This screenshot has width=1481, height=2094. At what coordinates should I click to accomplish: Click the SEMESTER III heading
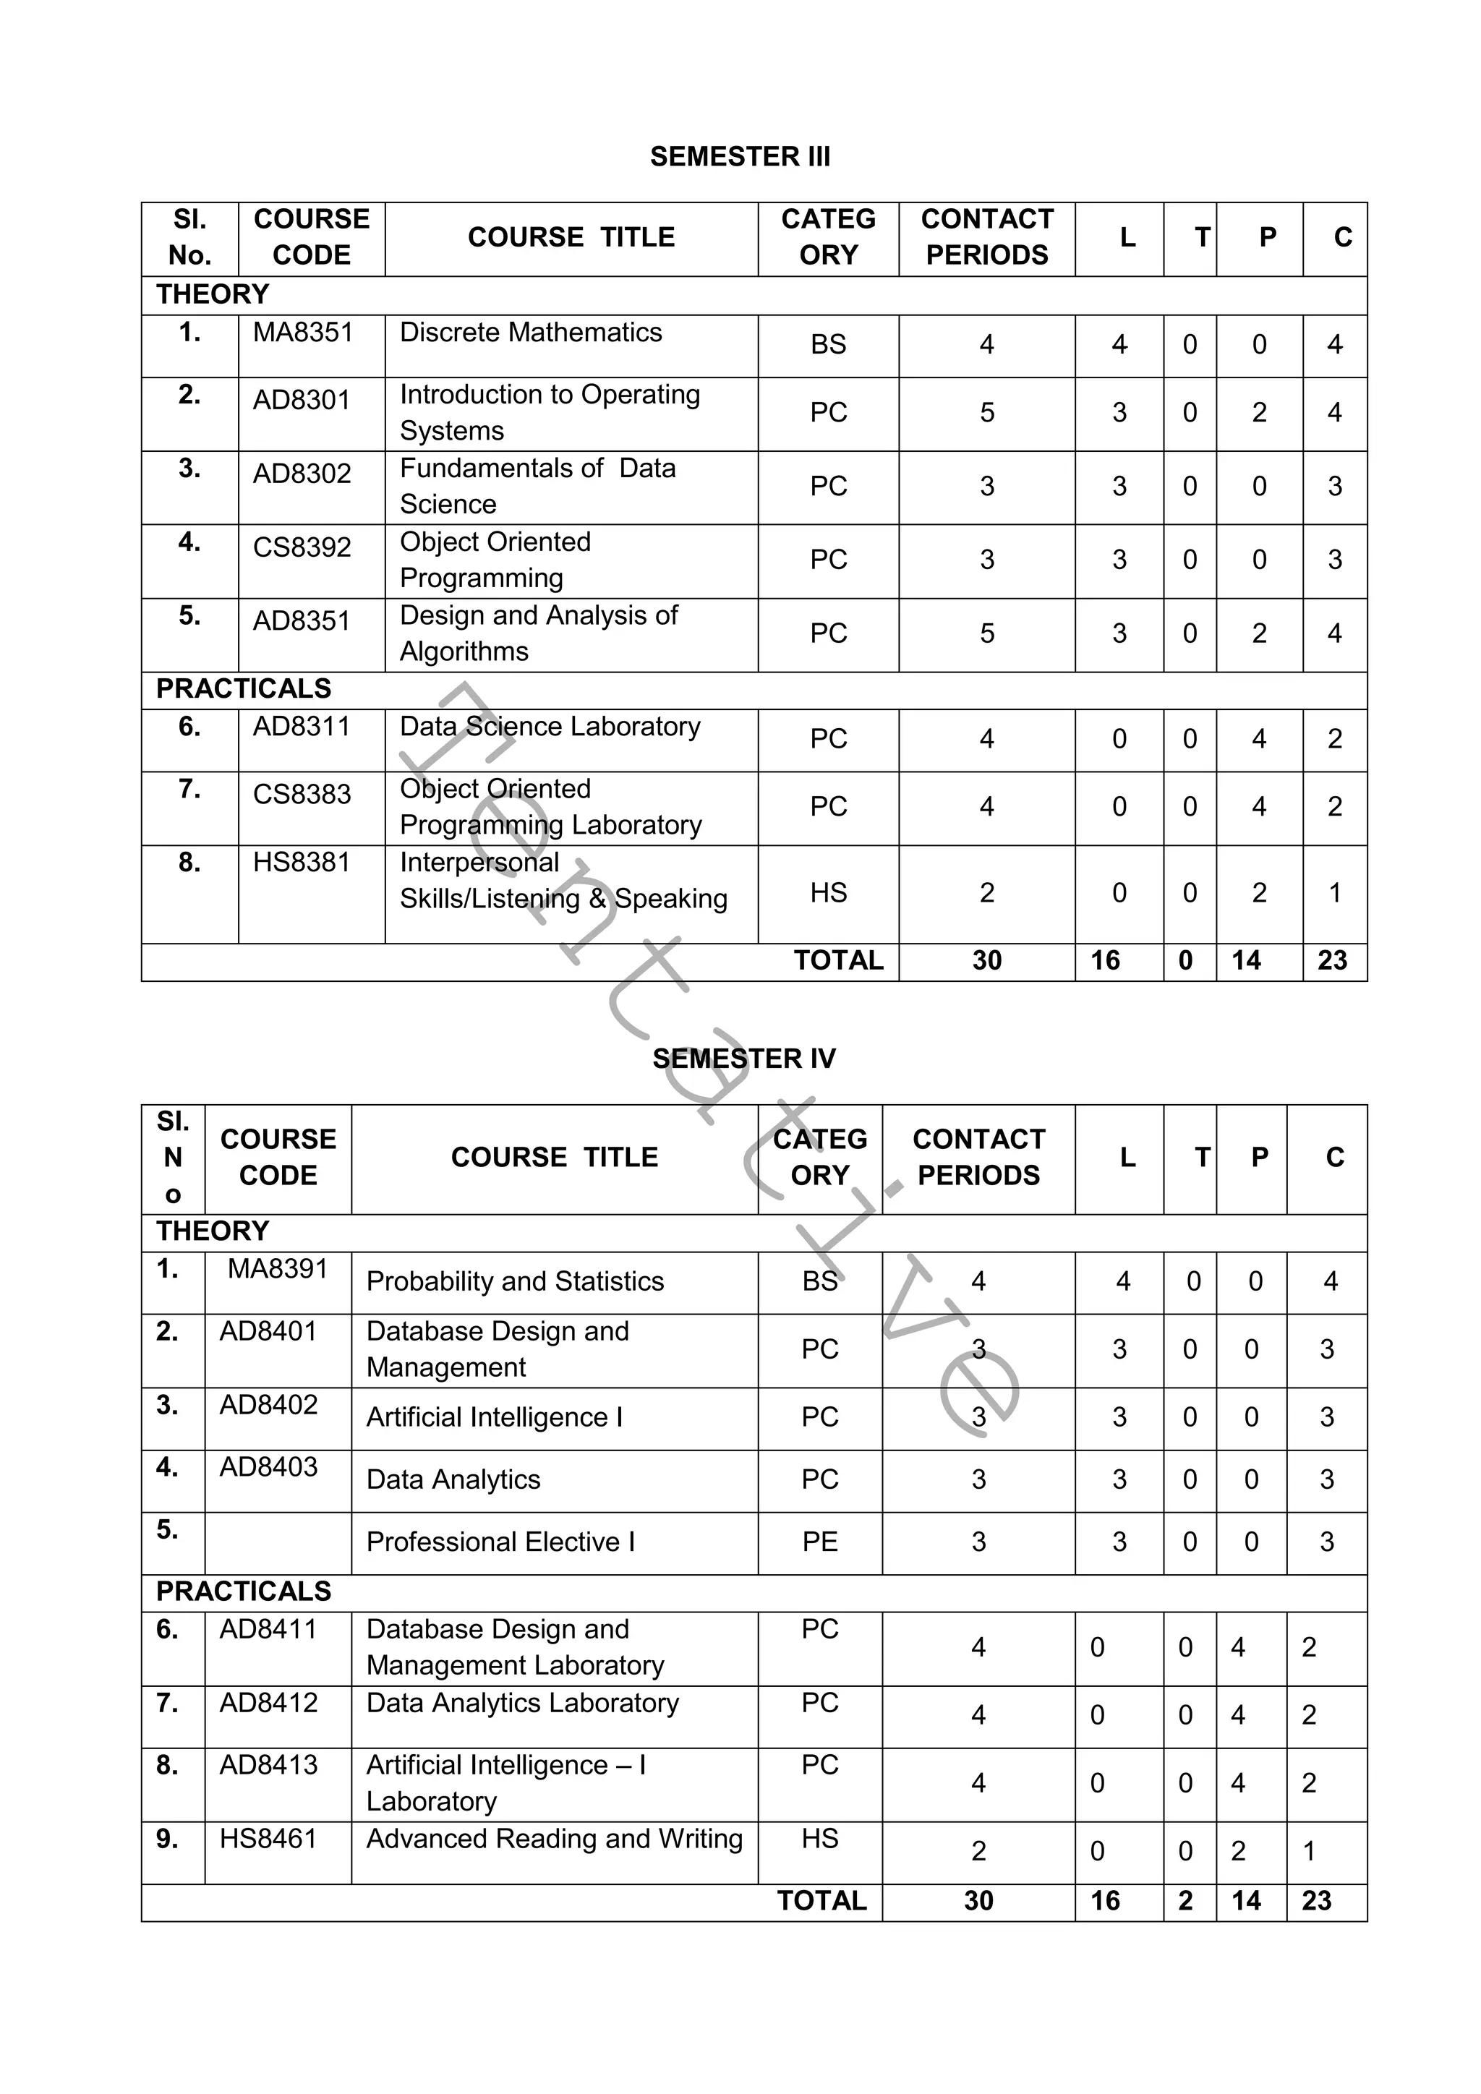(740, 156)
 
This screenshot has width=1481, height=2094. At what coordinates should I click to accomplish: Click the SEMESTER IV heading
(743, 1058)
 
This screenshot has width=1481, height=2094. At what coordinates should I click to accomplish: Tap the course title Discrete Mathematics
(531, 332)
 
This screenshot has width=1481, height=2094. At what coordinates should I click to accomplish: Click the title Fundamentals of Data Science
(537, 485)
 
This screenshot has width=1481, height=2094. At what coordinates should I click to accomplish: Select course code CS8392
(302, 547)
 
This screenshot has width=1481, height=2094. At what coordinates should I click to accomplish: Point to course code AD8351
(301, 620)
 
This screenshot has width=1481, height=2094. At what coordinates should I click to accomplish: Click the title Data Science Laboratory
(550, 726)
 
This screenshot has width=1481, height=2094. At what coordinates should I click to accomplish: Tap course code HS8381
(301, 862)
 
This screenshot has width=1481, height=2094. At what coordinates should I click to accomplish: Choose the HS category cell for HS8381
(828, 892)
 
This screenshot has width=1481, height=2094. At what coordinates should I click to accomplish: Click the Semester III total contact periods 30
(986, 960)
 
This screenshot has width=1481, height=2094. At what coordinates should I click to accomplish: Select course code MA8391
(277, 1269)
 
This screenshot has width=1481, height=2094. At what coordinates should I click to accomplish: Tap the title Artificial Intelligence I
(495, 1417)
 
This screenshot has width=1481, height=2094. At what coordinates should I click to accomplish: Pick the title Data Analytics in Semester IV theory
(453, 1479)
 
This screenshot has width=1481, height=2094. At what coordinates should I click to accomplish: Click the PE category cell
(820, 1542)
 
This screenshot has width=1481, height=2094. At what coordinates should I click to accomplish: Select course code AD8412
(268, 1703)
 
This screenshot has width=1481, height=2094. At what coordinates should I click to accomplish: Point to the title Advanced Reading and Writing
(555, 1839)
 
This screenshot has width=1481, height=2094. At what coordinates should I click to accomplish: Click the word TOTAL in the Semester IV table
(821, 1901)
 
